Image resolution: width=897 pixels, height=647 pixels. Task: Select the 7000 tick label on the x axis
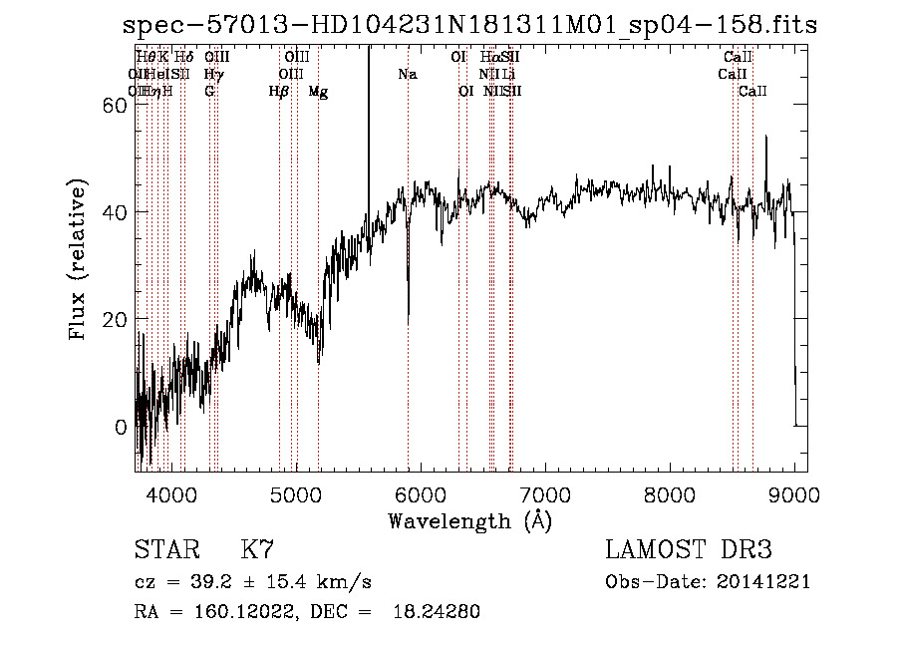(545, 493)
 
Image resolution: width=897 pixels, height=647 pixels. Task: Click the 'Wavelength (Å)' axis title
(469, 520)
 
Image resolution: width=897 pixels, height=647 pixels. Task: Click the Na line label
(407, 75)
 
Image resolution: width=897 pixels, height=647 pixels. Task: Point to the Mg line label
(318, 92)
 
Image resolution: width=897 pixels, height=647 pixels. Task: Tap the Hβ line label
(279, 92)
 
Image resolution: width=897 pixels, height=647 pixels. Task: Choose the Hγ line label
(213, 75)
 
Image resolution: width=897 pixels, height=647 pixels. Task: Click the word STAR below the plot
(167, 551)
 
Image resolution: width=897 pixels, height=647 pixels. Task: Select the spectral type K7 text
(258, 551)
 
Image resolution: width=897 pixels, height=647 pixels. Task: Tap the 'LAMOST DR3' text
(689, 551)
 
